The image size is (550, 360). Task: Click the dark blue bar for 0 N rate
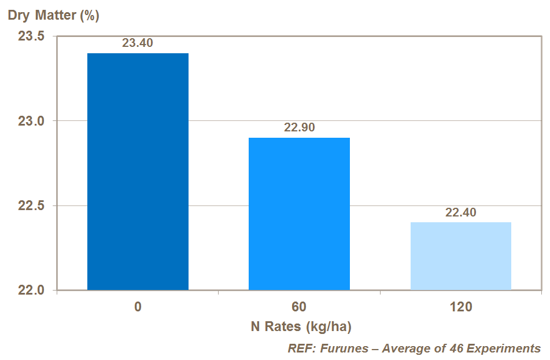pyautogui.click(x=138, y=171)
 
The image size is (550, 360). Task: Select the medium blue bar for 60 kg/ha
pyautogui.click(x=299, y=214)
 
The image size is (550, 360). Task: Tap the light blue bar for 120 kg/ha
pyautogui.click(x=460, y=256)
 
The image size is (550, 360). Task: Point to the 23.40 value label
pyautogui.click(x=138, y=43)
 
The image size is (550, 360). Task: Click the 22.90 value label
pyautogui.click(x=299, y=128)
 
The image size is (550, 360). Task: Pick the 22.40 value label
pyautogui.click(x=460, y=212)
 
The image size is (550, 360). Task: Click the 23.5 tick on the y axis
pyautogui.click(x=31, y=36)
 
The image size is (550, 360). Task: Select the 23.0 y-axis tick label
pyautogui.click(x=31, y=122)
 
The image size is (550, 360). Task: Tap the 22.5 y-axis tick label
pyautogui.click(x=31, y=206)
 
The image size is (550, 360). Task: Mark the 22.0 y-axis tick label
pyautogui.click(x=31, y=291)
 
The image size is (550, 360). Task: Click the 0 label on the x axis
pyautogui.click(x=138, y=307)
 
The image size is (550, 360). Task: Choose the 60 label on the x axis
pyautogui.click(x=299, y=307)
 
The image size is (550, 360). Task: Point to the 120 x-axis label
pyautogui.click(x=460, y=307)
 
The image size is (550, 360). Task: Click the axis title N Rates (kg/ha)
pyautogui.click(x=301, y=326)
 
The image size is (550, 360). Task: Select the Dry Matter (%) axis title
pyautogui.click(x=53, y=16)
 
